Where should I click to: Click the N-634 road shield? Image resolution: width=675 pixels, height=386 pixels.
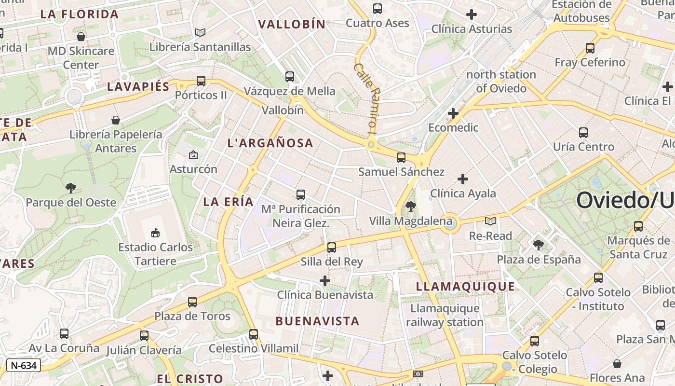(x=23, y=365)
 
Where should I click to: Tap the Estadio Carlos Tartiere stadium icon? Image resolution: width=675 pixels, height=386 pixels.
(x=155, y=233)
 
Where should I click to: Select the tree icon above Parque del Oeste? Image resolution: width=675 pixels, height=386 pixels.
(x=71, y=188)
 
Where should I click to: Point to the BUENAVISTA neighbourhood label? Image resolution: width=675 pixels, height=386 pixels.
(x=317, y=321)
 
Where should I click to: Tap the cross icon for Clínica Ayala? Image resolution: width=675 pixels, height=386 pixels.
(x=463, y=179)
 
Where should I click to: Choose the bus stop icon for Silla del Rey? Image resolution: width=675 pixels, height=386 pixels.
(x=332, y=248)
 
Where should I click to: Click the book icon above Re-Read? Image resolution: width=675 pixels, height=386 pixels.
(x=490, y=221)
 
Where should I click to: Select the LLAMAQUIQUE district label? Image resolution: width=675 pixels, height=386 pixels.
(x=465, y=287)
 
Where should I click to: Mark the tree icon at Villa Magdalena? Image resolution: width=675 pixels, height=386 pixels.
(x=411, y=207)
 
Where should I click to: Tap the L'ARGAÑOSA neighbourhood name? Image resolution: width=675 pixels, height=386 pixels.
(x=270, y=143)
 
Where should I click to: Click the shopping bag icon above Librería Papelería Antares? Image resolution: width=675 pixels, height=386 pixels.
(x=116, y=120)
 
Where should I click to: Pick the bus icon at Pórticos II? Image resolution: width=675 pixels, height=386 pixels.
(x=201, y=81)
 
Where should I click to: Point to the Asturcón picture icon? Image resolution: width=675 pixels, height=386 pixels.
(x=193, y=155)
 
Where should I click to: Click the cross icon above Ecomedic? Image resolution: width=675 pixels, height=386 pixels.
(x=453, y=113)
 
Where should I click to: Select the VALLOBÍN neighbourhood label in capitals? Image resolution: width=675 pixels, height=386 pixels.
(x=292, y=24)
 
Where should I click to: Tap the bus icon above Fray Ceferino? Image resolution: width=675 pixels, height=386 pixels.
(x=590, y=48)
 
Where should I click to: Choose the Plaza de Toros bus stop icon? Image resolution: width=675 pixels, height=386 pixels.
(x=192, y=302)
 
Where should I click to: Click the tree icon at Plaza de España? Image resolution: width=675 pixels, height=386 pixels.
(x=539, y=245)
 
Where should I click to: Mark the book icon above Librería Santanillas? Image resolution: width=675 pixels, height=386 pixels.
(x=200, y=32)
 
